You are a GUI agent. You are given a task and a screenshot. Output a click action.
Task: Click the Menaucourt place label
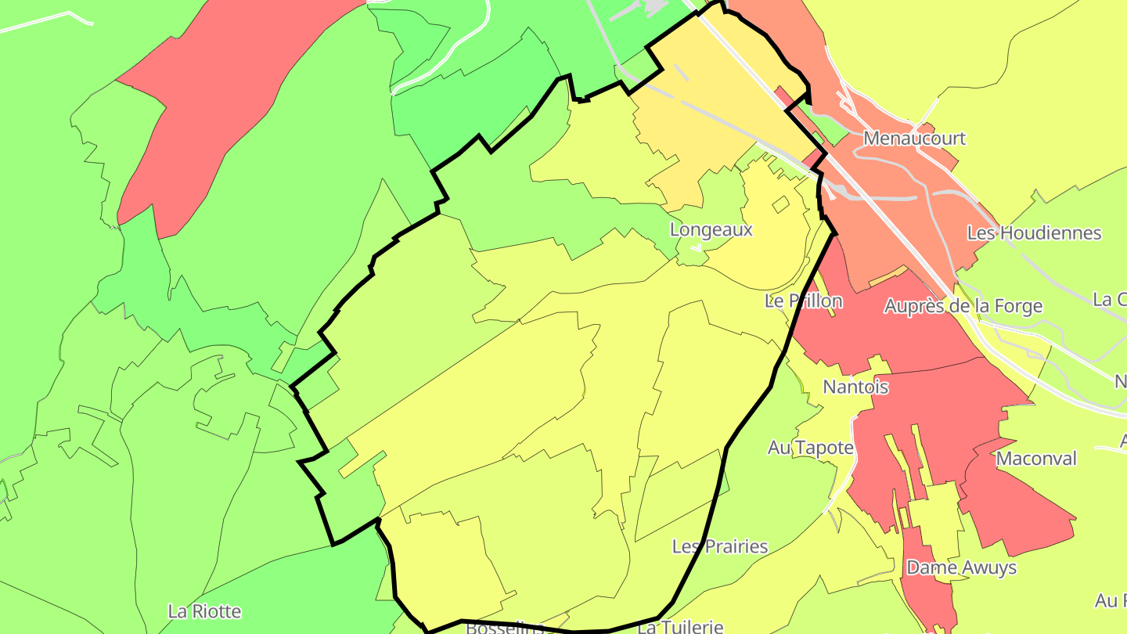[914, 139]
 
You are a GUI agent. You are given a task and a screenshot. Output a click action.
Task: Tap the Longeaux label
[711, 229]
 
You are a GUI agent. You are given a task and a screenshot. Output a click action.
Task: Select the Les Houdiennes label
[1034, 232]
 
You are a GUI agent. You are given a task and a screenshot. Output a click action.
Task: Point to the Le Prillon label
[804, 301]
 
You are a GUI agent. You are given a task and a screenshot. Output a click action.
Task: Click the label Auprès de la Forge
[963, 306]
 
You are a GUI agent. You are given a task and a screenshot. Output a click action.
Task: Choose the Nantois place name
[855, 387]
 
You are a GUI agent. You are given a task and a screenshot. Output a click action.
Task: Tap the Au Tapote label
[810, 448]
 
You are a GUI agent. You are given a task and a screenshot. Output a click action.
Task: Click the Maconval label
[1036, 459]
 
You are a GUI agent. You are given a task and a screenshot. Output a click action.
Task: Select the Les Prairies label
[720, 546]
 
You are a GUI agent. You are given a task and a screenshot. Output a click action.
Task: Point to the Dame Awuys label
[961, 567]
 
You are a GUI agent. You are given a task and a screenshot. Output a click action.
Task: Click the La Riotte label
[204, 611]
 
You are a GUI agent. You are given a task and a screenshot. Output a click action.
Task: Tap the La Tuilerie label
[679, 627]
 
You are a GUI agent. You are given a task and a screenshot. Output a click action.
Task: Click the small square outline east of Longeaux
[780, 204]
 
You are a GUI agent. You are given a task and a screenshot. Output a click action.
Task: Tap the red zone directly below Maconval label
[1017, 509]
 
